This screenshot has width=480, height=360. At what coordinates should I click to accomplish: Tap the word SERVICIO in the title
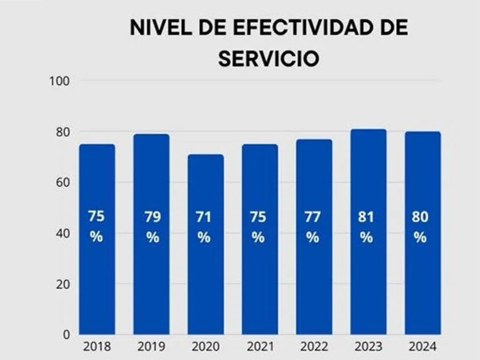pyautogui.click(x=269, y=60)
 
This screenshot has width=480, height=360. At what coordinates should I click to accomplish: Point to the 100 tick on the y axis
pyautogui.click(x=60, y=81)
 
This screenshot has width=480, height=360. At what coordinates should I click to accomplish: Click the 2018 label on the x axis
pyautogui.click(x=97, y=347)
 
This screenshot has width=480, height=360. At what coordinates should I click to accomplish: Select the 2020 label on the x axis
pyautogui.click(x=206, y=347)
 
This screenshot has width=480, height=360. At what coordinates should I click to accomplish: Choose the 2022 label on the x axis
pyautogui.click(x=315, y=347)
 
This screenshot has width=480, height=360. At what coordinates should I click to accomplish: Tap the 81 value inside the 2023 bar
pyautogui.click(x=367, y=217)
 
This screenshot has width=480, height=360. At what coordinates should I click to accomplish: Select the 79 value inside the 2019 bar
pyautogui.click(x=152, y=217)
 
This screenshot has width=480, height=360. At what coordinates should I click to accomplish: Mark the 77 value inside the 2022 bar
pyautogui.click(x=312, y=217)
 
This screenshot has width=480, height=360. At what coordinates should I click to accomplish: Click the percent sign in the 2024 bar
pyautogui.click(x=420, y=238)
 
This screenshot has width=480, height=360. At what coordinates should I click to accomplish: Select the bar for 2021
pyautogui.click(x=260, y=281)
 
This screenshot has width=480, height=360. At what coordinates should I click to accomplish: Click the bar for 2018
pyautogui.click(x=97, y=281)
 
